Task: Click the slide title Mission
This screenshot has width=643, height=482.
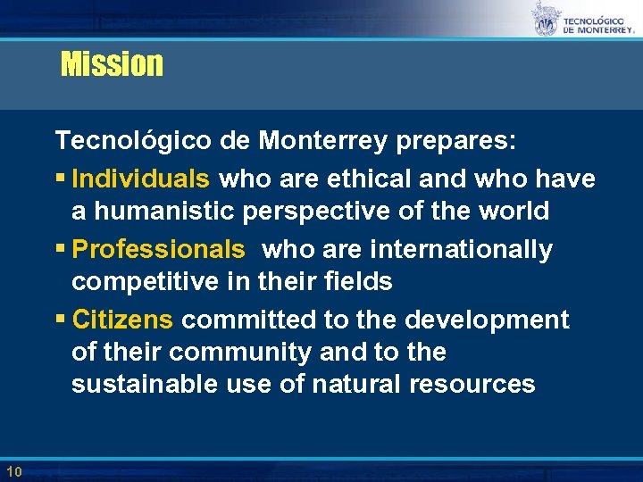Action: pos(112,64)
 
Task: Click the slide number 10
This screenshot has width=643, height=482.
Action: pos(13,471)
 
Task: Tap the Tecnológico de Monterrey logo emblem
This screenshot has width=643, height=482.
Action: pos(544,19)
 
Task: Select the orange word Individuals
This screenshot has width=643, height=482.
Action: pos(141,179)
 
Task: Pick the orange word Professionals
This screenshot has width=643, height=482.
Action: pos(158,249)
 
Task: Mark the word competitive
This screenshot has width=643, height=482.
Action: pos(149,282)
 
